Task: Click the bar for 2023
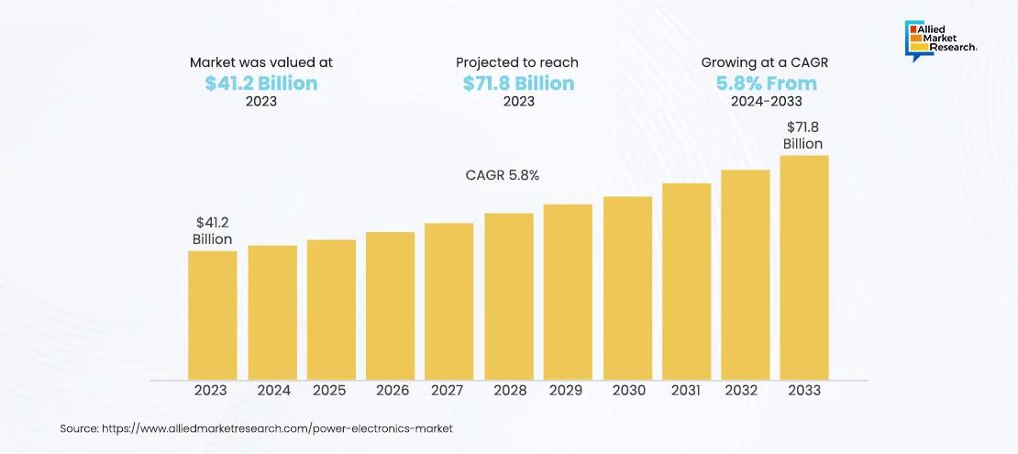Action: pyautogui.click(x=213, y=315)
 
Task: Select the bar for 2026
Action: pyautogui.click(x=390, y=305)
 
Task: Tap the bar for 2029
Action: pyautogui.click(x=568, y=292)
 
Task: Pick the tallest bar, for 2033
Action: pyautogui.click(x=804, y=267)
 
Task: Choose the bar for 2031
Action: pyautogui.click(x=686, y=281)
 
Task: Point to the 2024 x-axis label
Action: pyautogui.click(x=272, y=390)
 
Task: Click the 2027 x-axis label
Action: pyautogui.click(x=447, y=390)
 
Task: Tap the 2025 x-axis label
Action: pyautogui.click(x=329, y=390)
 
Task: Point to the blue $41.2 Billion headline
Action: pyautogui.click(x=261, y=83)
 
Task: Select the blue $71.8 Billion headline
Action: pyautogui.click(x=518, y=83)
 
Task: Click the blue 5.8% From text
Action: pyautogui.click(x=766, y=83)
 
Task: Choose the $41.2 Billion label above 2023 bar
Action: pyautogui.click(x=212, y=230)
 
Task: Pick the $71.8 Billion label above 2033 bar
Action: pyautogui.click(x=802, y=135)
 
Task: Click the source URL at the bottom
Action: pyautogui.click(x=257, y=428)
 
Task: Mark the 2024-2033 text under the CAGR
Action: pyautogui.click(x=766, y=102)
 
